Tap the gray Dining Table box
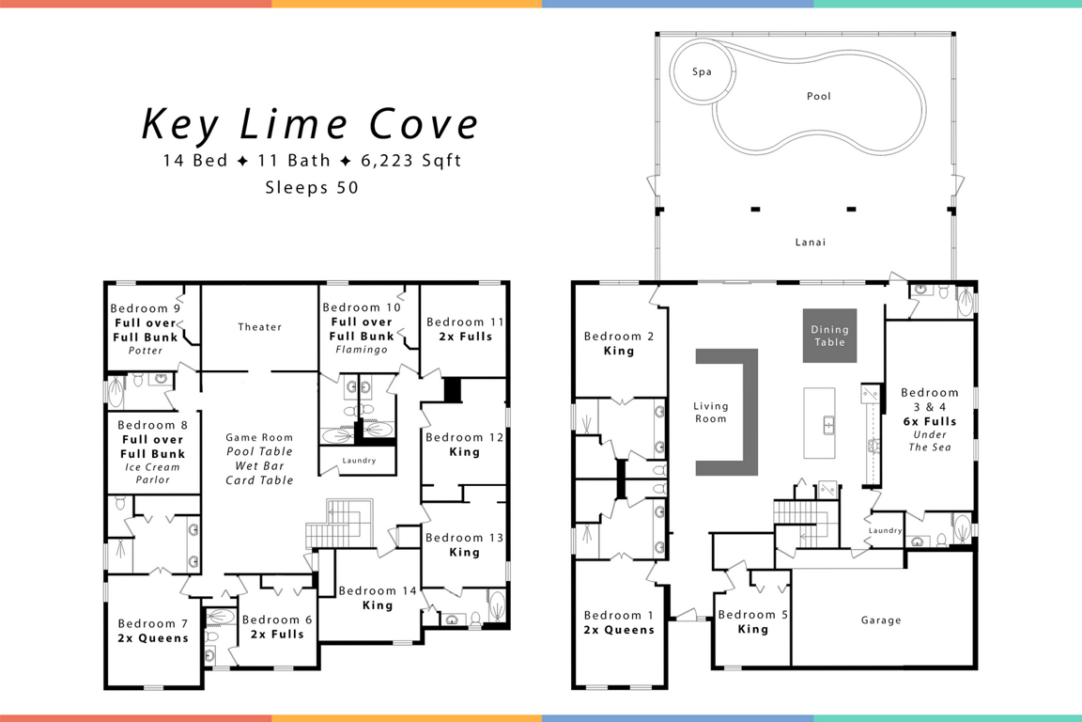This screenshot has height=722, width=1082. point(829,336)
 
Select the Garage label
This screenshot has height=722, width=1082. point(881,620)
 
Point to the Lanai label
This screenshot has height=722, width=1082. point(811,242)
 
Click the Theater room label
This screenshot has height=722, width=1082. point(260,327)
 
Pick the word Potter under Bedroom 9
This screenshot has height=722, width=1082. point(146,351)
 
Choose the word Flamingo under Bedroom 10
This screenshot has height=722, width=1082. point(362,350)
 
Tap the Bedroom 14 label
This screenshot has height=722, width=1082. point(378,590)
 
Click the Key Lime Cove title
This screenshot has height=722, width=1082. point(310,124)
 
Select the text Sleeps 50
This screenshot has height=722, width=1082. point(312,187)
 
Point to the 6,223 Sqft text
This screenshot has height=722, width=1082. point(411,161)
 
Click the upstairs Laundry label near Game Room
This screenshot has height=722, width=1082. point(359,460)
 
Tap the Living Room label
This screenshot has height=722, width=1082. point(711,413)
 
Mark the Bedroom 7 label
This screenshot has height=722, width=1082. point(152,623)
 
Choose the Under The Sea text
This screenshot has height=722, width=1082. point(930,441)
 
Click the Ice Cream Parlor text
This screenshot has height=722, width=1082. point(152,473)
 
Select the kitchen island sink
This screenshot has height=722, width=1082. point(828,425)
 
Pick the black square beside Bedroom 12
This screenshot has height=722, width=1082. point(453,390)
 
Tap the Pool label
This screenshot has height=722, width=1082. point(819,96)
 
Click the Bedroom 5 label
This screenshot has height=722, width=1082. point(753,614)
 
